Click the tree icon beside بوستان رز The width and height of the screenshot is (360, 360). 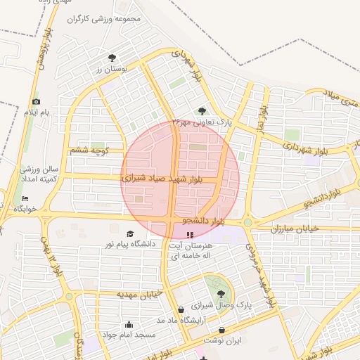coord(112,58)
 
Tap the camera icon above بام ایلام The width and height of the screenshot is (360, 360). coord(37,102)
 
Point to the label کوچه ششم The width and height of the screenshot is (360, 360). coord(89,150)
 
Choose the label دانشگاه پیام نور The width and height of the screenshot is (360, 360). coord(129,243)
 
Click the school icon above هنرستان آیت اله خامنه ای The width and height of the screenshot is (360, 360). coord(188,233)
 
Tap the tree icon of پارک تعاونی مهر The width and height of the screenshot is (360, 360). coord(202,110)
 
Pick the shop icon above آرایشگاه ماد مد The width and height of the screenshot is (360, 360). coord(181,309)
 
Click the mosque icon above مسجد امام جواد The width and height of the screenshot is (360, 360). coord(129,325)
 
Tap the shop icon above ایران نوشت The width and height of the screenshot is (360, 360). coord(222,329)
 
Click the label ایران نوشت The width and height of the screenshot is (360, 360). coord(229,340)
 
